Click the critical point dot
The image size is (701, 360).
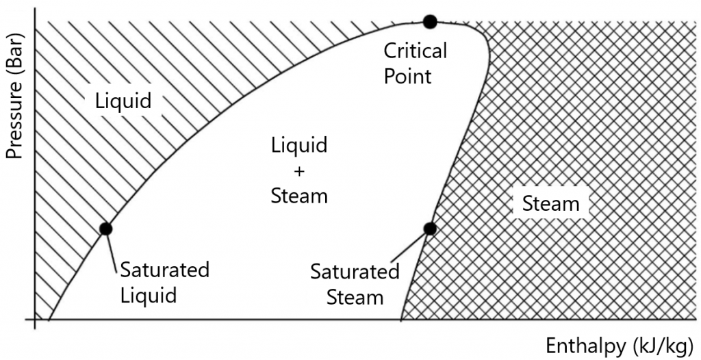click(x=429, y=22)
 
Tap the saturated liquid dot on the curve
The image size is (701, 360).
click(x=105, y=229)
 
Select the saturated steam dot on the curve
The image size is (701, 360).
click(x=430, y=229)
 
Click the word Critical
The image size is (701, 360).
click(x=415, y=51)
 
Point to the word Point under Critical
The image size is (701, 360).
click(x=408, y=75)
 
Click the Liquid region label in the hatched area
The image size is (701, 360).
click(x=123, y=101)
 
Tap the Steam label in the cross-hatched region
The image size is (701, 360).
click(x=550, y=203)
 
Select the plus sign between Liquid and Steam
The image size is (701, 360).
click(x=299, y=170)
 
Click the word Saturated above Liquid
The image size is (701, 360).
click(x=164, y=270)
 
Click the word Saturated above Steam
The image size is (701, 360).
click(x=355, y=272)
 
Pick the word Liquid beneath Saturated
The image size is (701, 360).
click(x=149, y=296)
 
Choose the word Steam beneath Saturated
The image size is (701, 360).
click(x=355, y=298)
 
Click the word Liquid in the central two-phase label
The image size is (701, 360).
click(x=299, y=145)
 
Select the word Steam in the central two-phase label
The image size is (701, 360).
click(x=299, y=196)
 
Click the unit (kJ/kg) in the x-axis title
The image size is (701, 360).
click(x=658, y=345)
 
